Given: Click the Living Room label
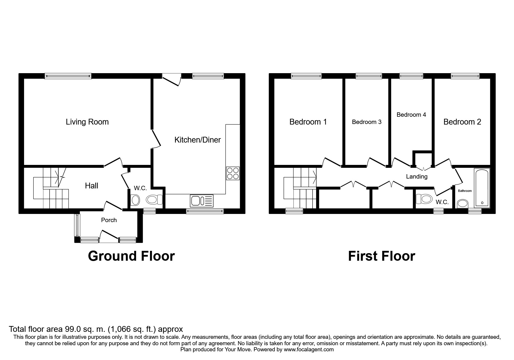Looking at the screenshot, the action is point(87,122).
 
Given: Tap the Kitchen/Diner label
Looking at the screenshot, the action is point(197,140).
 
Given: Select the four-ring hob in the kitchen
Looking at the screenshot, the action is point(233,173).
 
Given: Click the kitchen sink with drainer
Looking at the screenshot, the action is point(202,201).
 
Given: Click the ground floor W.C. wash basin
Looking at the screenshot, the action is point(136,200).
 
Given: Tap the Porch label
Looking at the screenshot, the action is point(109,220).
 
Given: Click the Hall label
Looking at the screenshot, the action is point(91,186).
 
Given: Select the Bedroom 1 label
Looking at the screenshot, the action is point(308,122).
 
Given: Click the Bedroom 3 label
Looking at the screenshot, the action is point(367,122).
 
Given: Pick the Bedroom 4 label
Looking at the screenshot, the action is point(411,115).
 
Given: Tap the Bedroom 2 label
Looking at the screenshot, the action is point(462,122).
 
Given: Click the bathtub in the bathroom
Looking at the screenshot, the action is point(482,188).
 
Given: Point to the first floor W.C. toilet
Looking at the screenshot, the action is point(424,199).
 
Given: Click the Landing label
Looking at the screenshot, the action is point(416,176).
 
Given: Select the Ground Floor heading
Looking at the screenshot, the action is point(131,256).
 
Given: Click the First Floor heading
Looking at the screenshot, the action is point(381,256).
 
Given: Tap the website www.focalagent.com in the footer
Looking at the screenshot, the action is point(309,350).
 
